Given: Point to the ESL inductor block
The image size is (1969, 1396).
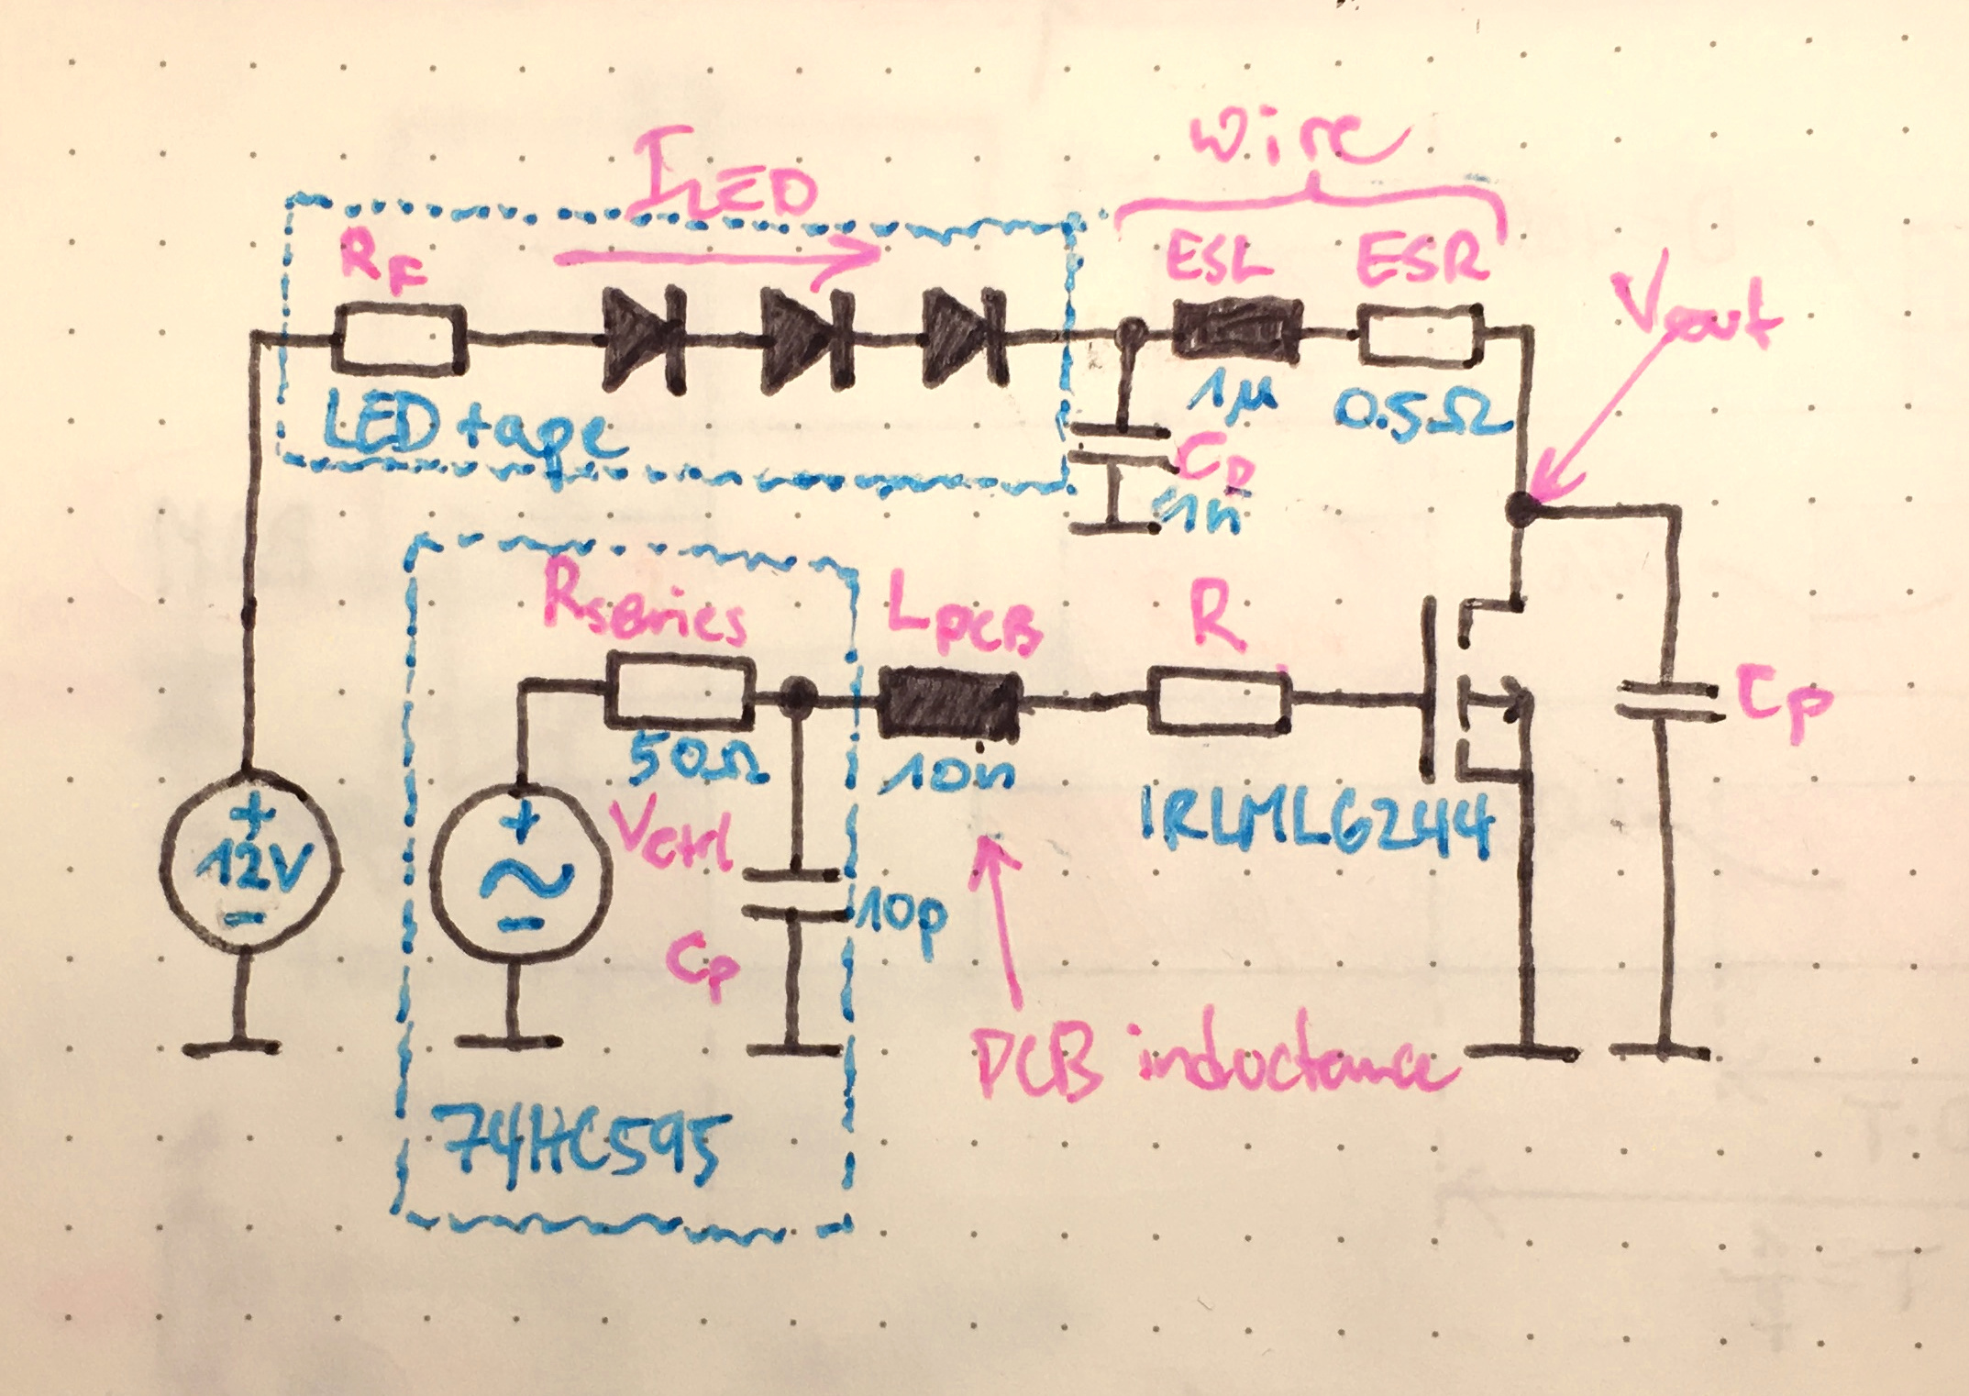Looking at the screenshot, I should coord(1236,332).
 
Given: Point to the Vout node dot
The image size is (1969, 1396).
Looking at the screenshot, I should coord(1522,507).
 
